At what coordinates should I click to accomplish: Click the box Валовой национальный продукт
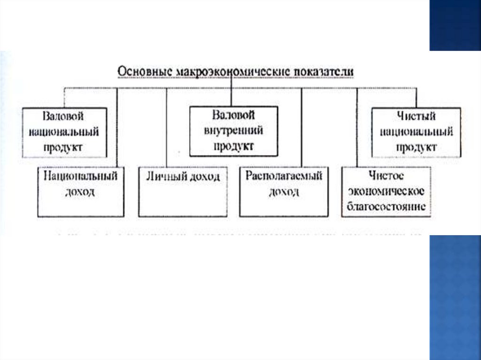[x=64, y=132]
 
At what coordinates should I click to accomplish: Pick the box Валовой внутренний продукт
[x=233, y=131]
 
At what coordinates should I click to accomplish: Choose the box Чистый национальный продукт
[x=416, y=132]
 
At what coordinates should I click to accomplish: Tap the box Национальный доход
[x=81, y=191]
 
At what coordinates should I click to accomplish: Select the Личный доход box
[x=182, y=191]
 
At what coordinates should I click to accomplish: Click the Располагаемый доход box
[x=284, y=191]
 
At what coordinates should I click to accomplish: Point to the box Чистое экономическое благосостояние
[x=386, y=191]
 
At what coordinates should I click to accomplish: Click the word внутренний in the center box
[x=233, y=130]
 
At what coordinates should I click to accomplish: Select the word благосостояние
[x=386, y=207]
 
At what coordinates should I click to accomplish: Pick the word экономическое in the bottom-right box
[x=386, y=191]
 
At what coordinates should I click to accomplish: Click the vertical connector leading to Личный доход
[x=167, y=127]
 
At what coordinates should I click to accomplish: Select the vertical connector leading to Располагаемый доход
[x=302, y=127]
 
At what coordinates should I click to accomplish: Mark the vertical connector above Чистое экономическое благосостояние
[x=357, y=127]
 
